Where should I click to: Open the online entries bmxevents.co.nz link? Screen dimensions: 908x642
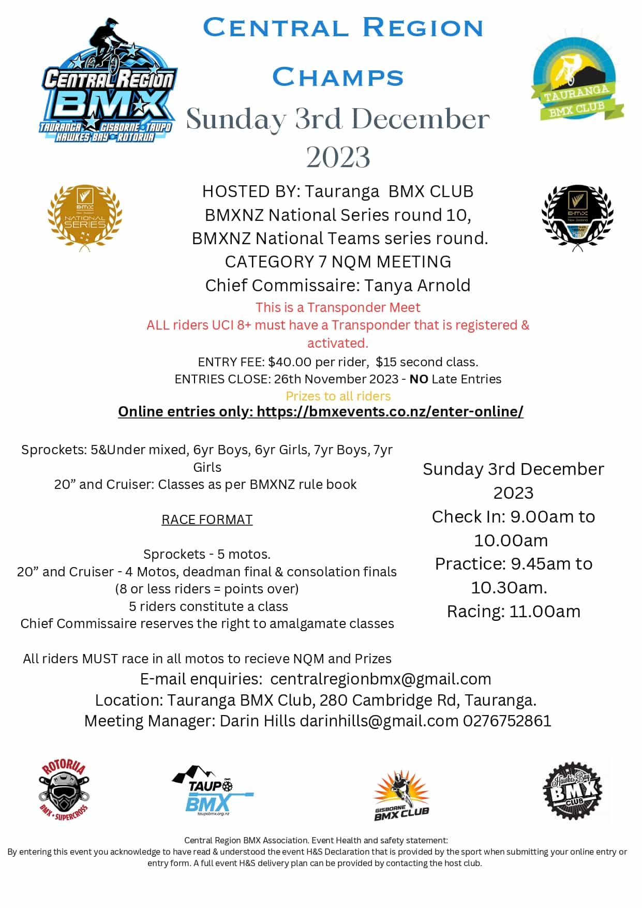390,411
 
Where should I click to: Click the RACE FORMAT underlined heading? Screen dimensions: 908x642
207,519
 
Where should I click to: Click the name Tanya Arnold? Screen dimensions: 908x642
417,285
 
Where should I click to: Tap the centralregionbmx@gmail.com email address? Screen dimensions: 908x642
380,679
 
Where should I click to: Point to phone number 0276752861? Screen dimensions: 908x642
507,721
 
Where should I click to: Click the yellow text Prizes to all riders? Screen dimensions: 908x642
338,396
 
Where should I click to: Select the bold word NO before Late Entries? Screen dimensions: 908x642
419,379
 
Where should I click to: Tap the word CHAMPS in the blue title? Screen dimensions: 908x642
338,77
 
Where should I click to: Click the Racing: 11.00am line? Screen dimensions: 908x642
513,611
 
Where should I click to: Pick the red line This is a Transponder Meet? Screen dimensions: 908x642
338,307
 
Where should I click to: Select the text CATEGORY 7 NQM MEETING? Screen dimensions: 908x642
338,262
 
